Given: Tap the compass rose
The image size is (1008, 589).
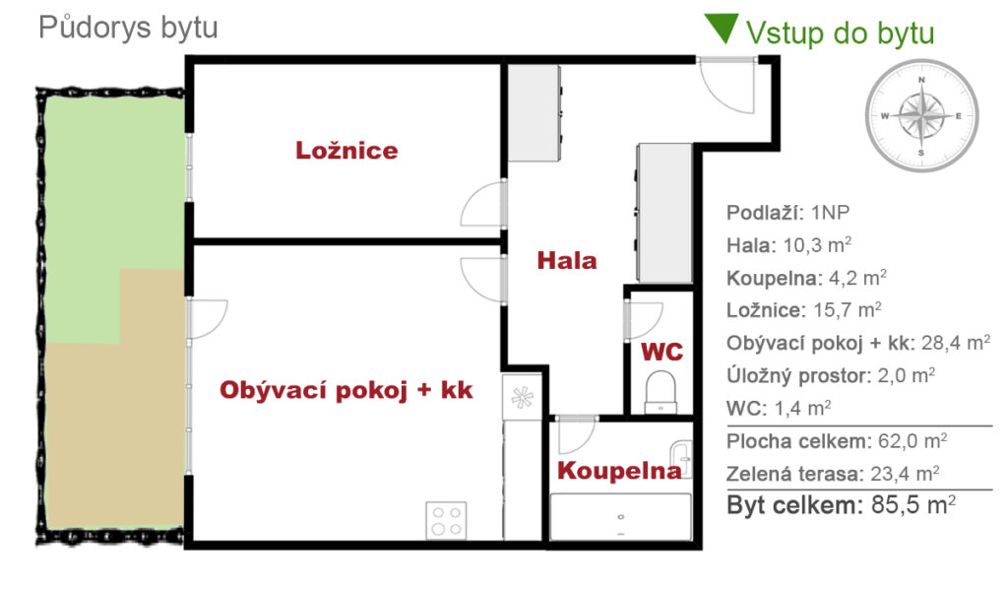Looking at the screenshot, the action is click(921, 116).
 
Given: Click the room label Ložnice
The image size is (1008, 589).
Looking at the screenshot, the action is click(346, 151).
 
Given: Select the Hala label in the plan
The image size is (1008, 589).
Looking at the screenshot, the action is click(567, 260).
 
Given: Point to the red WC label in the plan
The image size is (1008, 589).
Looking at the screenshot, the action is click(662, 352).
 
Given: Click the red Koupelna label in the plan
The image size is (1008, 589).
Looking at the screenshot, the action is click(619, 471).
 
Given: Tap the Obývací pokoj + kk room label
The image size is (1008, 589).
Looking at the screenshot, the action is click(346, 390).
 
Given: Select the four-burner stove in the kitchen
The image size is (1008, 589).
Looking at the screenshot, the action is click(446, 520).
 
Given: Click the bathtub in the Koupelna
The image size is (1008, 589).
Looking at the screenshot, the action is click(621, 517).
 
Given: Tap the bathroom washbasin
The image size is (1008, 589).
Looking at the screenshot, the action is click(681, 458).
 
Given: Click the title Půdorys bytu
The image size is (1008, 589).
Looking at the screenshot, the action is click(129, 28).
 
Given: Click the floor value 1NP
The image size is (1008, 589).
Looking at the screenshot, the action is click(830, 212).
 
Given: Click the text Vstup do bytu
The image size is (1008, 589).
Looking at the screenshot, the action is click(841, 33).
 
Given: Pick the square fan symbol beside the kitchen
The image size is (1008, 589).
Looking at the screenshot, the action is click(522, 397).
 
